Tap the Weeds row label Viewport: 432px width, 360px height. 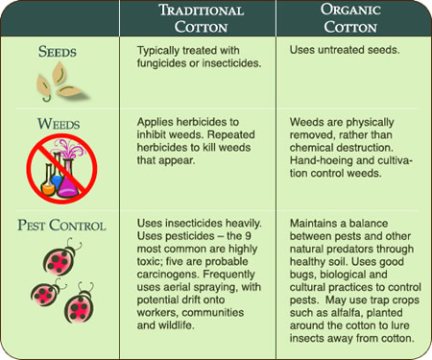point(57,125)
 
